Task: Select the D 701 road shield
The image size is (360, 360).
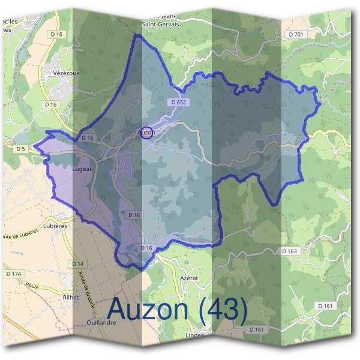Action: [x=296, y=35]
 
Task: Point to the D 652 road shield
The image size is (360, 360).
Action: [x=179, y=102]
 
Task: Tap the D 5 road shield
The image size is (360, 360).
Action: [x=21, y=148]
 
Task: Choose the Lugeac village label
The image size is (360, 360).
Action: [x=81, y=170]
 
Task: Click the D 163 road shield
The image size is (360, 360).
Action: [x=290, y=251]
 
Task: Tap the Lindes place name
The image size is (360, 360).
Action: [x=195, y=334]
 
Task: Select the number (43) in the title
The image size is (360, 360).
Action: [x=223, y=310]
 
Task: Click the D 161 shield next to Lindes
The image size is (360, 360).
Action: [x=255, y=329]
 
